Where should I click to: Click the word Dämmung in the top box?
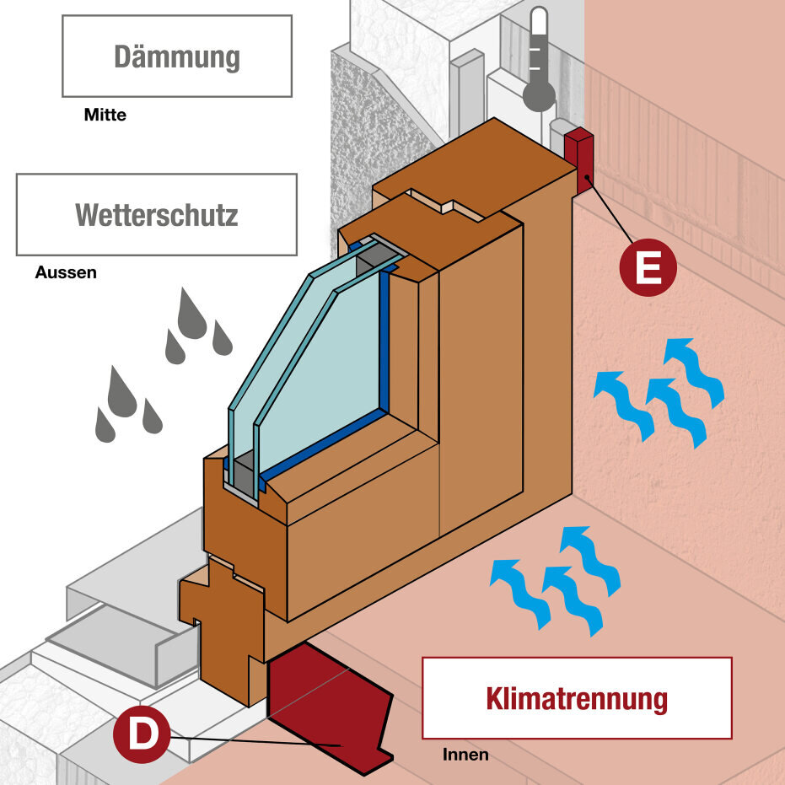(177, 56)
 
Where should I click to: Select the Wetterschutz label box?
(157, 214)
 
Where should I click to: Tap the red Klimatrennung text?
(576, 698)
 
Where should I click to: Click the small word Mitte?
(105, 115)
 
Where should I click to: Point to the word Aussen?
(66, 272)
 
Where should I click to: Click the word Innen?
(465, 754)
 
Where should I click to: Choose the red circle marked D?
(142, 734)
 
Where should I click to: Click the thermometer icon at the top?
(539, 59)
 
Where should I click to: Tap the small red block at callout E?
(579, 160)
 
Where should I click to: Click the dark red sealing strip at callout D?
(329, 708)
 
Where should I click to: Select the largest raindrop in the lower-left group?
(122, 393)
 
